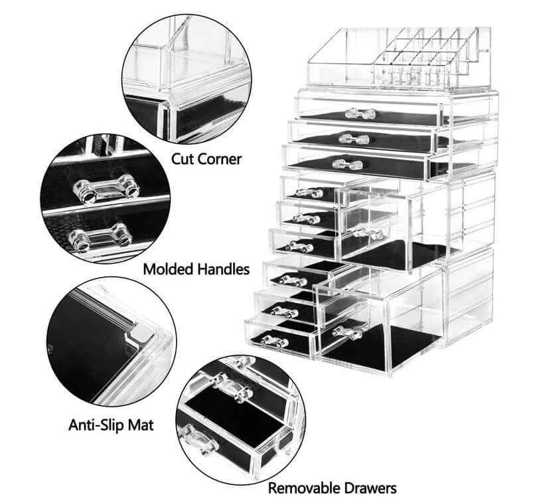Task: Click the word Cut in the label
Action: click(184, 159)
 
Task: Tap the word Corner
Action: click(220, 159)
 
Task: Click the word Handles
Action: click(224, 269)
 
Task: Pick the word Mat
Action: click(141, 424)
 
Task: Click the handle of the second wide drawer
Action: click(354, 139)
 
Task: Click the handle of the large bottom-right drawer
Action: click(348, 333)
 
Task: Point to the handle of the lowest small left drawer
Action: click(274, 342)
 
